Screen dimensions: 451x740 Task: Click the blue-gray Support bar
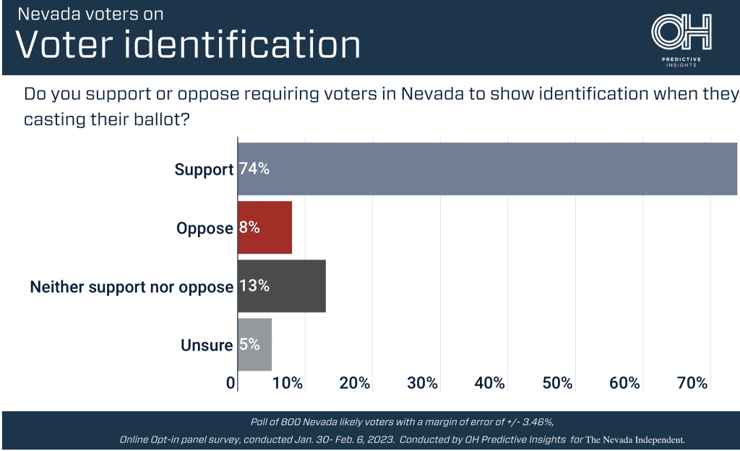pyautogui.click(x=488, y=169)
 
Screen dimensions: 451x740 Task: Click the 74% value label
pyautogui.click(x=254, y=169)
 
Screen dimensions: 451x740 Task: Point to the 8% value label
pyautogui.click(x=249, y=228)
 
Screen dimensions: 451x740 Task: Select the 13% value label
pyautogui.click(x=254, y=286)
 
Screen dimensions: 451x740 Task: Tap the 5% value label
pyautogui.click(x=249, y=345)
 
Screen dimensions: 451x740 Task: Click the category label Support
pyautogui.click(x=204, y=170)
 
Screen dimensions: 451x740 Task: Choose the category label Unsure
pyautogui.click(x=207, y=345)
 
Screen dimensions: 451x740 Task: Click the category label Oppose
pyautogui.click(x=205, y=228)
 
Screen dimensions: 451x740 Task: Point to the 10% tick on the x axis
pyautogui.click(x=288, y=383)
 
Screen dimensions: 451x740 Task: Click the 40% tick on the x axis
pyautogui.click(x=490, y=383)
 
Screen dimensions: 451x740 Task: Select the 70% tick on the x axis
pyautogui.click(x=692, y=383)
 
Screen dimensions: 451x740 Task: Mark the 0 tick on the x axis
pyautogui.click(x=231, y=383)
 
